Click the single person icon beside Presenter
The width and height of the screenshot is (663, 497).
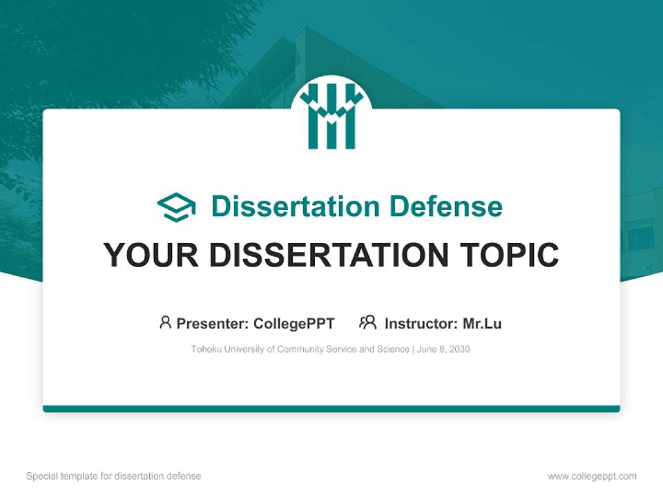(x=165, y=322)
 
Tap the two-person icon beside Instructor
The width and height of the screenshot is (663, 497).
(x=367, y=322)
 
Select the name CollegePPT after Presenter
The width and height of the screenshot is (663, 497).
(x=294, y=323)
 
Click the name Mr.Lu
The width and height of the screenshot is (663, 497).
(x=482, y=323)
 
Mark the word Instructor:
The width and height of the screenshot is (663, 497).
(x=421, y=323)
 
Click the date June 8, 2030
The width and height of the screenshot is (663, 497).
(x=443, y=349)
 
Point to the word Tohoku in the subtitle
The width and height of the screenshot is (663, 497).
(x=206, y=349)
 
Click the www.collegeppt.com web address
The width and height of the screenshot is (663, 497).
(x=592, y=476)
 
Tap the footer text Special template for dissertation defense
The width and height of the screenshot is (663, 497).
(x=113, y=476)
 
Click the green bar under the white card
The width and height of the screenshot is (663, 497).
(x=331, y=409)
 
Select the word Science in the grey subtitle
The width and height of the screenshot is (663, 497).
(x=393, y=349)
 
